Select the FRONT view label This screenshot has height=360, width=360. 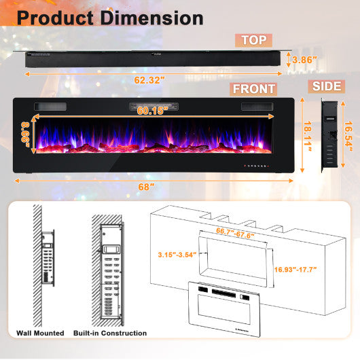[254, 89]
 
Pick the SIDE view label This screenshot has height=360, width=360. [328, 86]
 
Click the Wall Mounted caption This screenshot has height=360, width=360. [40, 333]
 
